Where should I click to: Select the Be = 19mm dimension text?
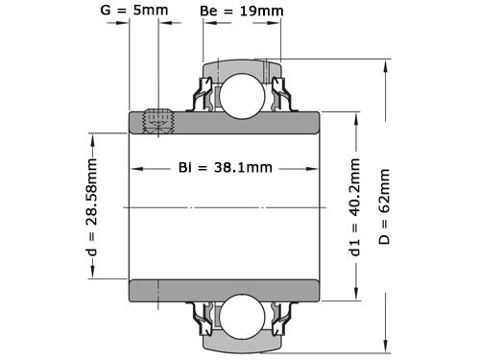[242, 12]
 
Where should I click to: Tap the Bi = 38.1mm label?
[226, 167]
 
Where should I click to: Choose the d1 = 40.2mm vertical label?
[355, 207]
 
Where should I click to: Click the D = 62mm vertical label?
[385, 206]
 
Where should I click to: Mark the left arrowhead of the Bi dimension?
[135, 168]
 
